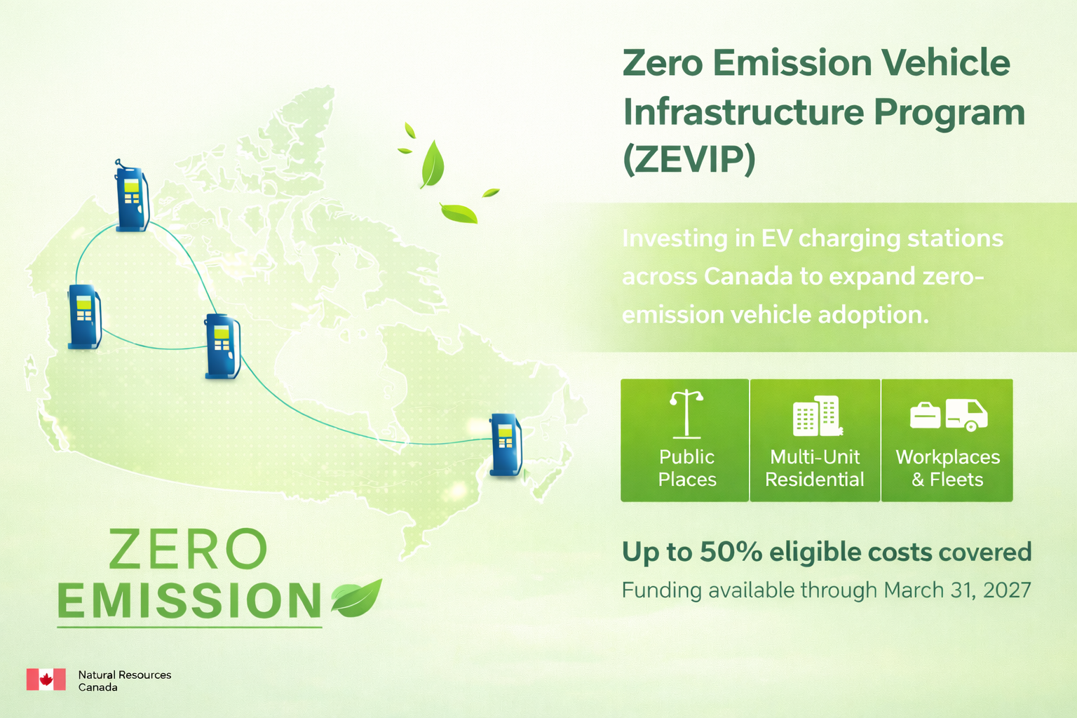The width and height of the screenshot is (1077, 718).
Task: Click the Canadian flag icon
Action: [46, 679]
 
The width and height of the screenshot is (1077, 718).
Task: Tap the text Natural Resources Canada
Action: [125, 681]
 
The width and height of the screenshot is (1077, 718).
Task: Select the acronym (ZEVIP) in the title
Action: [689, 160]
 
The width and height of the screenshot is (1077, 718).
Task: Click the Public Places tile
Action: [684, 440]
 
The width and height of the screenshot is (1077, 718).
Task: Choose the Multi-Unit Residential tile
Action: [815, 440]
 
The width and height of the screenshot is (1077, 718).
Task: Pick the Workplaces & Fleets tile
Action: [947, 440]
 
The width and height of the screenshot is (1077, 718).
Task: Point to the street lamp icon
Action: [686, 414]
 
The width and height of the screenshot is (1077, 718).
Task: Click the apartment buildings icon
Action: [817, 416]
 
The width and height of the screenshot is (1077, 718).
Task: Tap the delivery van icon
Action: [966, 415]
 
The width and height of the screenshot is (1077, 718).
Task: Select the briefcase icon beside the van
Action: [925, 416]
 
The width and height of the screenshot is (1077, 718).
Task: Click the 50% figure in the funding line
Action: [731, 552]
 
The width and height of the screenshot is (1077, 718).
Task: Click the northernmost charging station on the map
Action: [132, 196]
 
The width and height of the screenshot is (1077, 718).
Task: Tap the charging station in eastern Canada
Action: [506, 445]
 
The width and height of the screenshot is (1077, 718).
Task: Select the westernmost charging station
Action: [85, 316]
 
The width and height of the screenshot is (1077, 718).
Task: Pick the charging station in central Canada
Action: [222, 346]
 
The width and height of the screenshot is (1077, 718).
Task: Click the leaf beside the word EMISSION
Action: [356, 598]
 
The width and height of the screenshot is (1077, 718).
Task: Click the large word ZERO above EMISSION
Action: [187, 549]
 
